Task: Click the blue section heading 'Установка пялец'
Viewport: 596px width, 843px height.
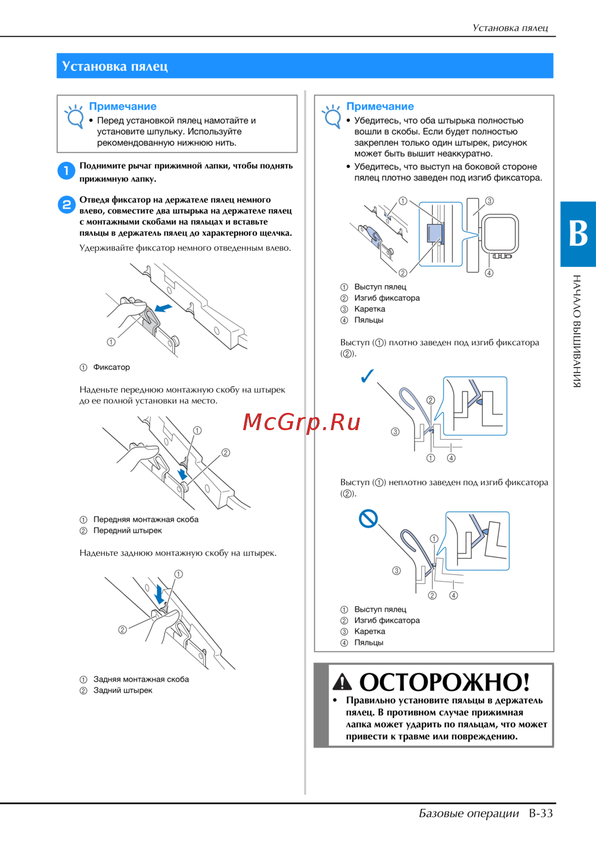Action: coord(114,66)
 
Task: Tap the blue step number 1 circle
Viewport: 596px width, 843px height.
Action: coord(66,171)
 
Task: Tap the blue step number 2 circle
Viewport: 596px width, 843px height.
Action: coord(66,205)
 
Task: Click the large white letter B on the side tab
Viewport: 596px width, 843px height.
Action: coord(578,234)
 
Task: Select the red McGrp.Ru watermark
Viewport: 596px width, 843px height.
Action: coord(301,422)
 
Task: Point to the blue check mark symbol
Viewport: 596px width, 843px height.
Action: coord(368,375)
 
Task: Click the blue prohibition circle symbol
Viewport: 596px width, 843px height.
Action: coord(368,519)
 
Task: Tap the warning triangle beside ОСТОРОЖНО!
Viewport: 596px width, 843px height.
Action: coord(342,682)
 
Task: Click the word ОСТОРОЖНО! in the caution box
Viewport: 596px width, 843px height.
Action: coord(445,682)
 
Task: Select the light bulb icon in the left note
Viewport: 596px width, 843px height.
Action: coord(74,117)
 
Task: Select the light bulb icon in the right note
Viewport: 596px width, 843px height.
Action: coord(331,117)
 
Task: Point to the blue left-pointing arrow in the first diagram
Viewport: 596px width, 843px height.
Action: coord(163,308)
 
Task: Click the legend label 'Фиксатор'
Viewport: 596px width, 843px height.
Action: coord(111,368)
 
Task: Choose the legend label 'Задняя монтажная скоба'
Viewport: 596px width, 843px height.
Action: coord(141,679)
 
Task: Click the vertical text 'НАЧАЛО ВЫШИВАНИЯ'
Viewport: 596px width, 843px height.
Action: coord(576,331)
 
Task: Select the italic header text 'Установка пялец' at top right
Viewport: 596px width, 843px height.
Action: coord(510,28)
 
